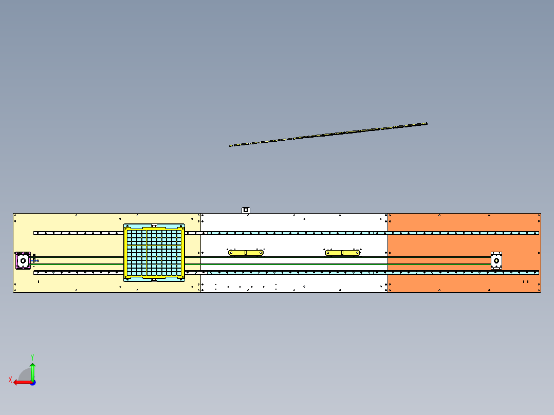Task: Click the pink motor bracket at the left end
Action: click(x=23, y=260)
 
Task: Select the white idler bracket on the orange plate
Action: click(x=496, y=260)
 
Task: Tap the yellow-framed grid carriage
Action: click(x=154, y=253)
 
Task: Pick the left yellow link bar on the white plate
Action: click(x=246, y=253)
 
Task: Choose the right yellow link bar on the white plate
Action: click(x=342, y=253)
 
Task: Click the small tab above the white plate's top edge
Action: click(x=246, y=210)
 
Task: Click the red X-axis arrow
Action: click(x=23, y=383)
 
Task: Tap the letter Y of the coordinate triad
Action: click(x=32, y=357)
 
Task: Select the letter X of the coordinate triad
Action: click(x=10, y=380)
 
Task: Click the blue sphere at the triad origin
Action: click(x=33, y=383)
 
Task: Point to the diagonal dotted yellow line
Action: click(x=328, y=135)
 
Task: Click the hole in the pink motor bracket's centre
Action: click(x=23, y=260)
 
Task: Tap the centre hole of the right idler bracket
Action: click(x=496, y=260)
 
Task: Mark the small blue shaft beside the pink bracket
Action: click(x=35, y=260)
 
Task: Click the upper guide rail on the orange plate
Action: click(x=463, y=233)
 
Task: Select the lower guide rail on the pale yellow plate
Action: click(x=79, y=272)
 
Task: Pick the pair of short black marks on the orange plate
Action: click(x=526, y=281)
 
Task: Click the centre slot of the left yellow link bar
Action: click(x=246, y=253)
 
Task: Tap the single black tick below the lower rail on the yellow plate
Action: click(x=39, y=281)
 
